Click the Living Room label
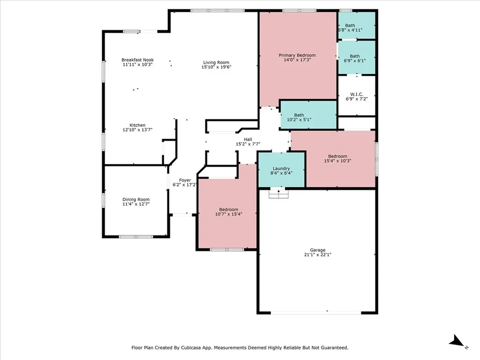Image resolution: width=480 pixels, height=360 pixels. tap(216, 62)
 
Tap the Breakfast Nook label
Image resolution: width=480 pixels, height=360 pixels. tap(137, 60)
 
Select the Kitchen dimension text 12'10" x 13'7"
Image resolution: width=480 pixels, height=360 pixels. tap(137, 130)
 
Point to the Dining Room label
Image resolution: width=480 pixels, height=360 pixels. tap(136, 199)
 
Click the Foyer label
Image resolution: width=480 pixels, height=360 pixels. tap(185, 180)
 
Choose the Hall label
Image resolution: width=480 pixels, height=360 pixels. tap(248, 139)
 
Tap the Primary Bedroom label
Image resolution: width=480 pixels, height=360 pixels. tap(297, 55)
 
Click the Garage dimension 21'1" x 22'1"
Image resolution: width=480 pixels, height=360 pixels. tap(318, 255)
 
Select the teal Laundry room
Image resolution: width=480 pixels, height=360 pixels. tap(281, 170)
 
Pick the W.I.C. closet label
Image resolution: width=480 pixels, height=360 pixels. tap(357, 94)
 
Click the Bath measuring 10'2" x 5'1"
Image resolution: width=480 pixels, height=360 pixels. tap(308, 115)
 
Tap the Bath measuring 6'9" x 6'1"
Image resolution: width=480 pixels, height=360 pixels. tap(357, 57)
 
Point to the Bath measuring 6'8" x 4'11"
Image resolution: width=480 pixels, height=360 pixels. tap(357, 25)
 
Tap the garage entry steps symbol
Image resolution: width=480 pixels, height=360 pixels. tap(278, 194)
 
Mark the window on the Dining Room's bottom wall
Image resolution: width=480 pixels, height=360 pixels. tap(136, 237)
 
